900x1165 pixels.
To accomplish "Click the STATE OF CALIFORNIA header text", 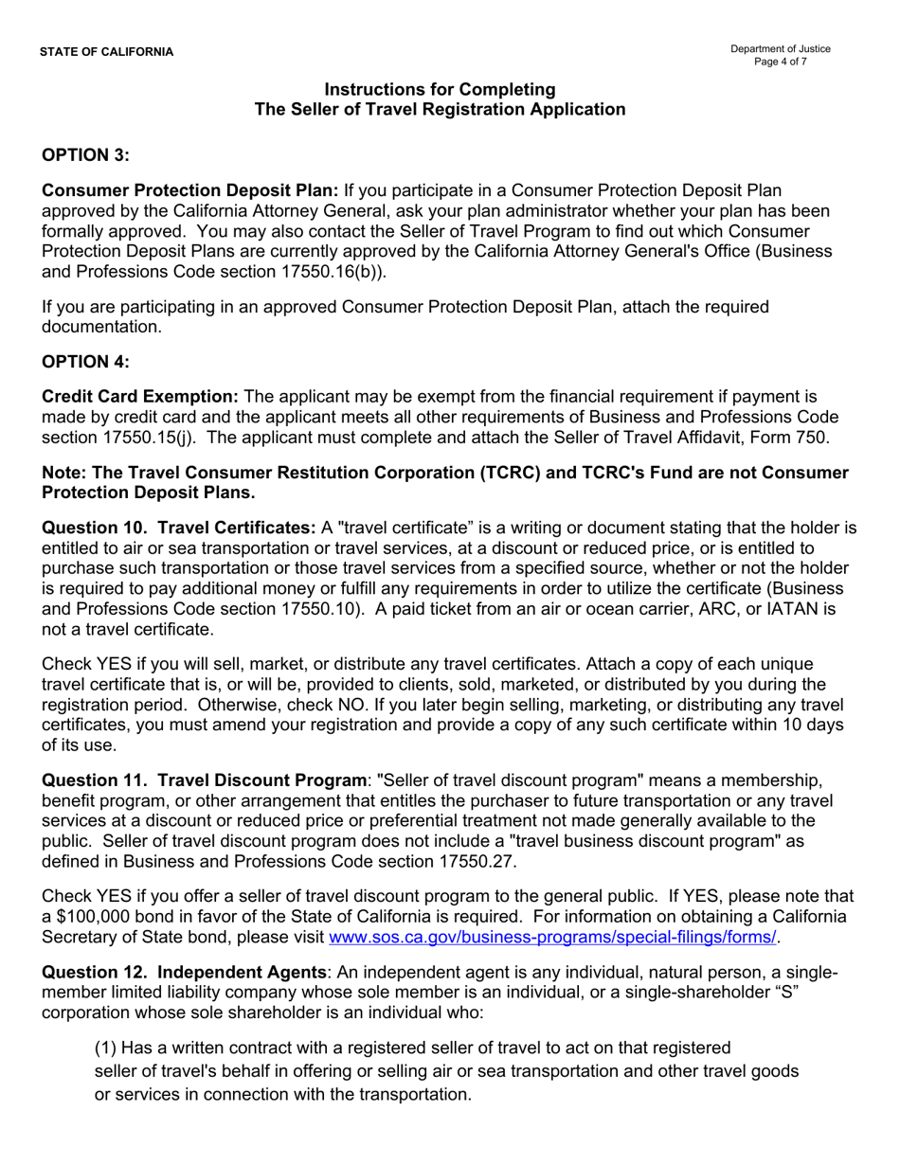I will (x=106, y=51).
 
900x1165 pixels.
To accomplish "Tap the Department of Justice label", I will (x=780, y=48).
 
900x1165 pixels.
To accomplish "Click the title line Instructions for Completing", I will (x=440, y=89).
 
